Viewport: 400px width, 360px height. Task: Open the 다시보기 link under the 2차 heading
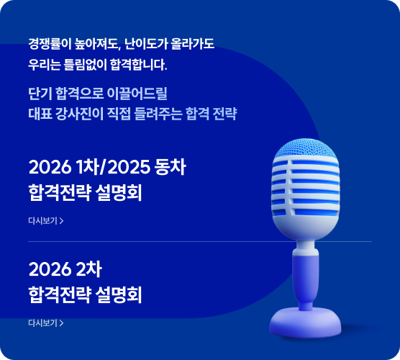42,323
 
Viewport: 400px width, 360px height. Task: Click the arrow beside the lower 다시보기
62,323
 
